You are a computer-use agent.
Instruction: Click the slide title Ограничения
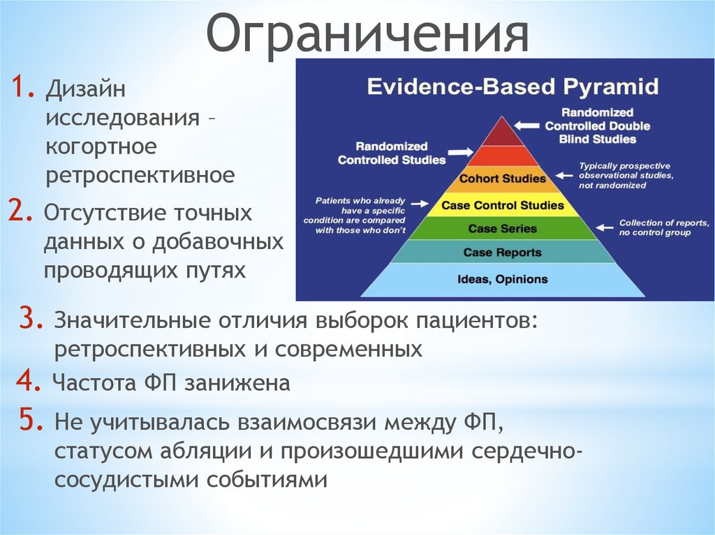367,34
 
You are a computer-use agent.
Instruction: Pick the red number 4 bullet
29,381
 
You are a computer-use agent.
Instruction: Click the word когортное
101,147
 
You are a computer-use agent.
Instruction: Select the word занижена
237,383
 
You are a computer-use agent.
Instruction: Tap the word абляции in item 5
206,451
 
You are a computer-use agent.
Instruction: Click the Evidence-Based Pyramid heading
513,86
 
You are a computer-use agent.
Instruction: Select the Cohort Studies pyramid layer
503,179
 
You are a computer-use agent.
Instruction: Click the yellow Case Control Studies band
503,205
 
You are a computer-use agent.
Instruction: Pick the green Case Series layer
503,228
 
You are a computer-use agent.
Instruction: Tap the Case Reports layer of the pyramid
503,252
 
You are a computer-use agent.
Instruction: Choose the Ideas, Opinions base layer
503,279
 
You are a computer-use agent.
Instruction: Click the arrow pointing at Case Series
605,227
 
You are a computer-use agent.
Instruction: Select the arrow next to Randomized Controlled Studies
461,153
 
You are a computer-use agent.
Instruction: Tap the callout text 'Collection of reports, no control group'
664,227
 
